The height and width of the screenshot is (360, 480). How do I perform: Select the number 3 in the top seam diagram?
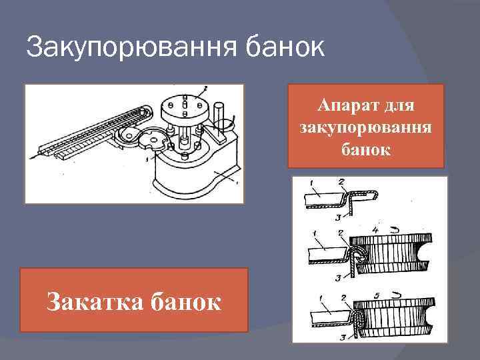(x=339, y=217)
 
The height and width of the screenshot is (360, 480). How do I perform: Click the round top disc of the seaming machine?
(x=186, y=105)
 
